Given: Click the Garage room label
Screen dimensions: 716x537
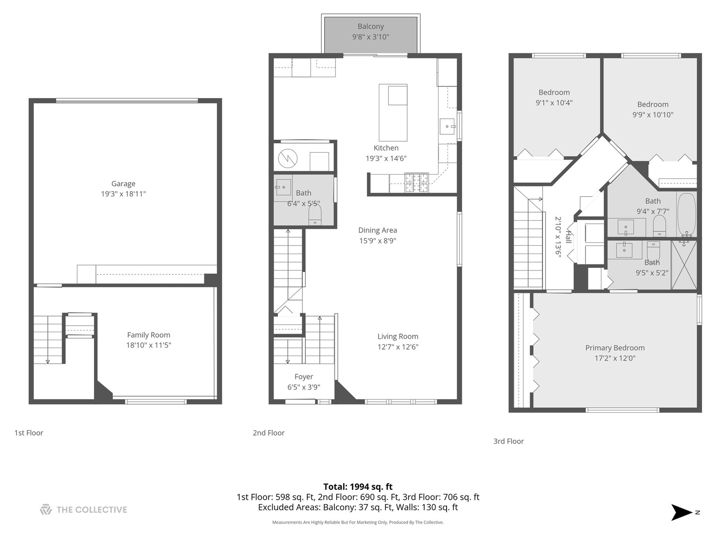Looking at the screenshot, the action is click(123, 183).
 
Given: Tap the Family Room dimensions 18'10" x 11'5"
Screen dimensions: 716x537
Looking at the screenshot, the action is click(148, 345).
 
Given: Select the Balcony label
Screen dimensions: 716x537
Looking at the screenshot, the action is click(370, 26).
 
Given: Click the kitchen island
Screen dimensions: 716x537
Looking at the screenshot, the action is click(393, 113).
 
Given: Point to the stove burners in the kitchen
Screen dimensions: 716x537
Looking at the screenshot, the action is click(416, 182).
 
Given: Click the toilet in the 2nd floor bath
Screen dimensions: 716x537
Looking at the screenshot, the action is click(315, 215).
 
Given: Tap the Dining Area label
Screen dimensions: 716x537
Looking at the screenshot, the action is click(377, 230).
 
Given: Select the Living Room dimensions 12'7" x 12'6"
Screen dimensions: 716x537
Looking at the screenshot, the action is click(397, 347).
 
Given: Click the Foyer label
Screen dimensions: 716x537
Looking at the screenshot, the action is click(303, 377).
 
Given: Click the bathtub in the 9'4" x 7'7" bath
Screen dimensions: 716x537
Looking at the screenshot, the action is click(687, 215).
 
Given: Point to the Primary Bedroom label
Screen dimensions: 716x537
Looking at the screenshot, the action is click(615, 348).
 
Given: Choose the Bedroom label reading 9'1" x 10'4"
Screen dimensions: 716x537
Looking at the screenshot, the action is click(554, 92).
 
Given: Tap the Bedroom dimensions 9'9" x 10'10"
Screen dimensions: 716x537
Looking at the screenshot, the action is click(652, 115).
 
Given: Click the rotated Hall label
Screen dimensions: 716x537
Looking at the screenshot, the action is click(568, 238).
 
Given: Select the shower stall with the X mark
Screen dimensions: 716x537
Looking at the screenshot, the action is click(684, 265).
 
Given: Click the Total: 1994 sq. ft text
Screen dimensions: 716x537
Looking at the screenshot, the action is click(358, 487).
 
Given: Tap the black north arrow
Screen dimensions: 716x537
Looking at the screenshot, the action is click(681, 512).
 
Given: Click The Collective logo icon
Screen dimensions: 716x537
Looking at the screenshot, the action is click(46, 510).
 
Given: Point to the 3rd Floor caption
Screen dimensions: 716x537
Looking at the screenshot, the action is click(508, 442).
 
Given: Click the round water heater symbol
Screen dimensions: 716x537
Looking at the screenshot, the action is click(288, 159).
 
